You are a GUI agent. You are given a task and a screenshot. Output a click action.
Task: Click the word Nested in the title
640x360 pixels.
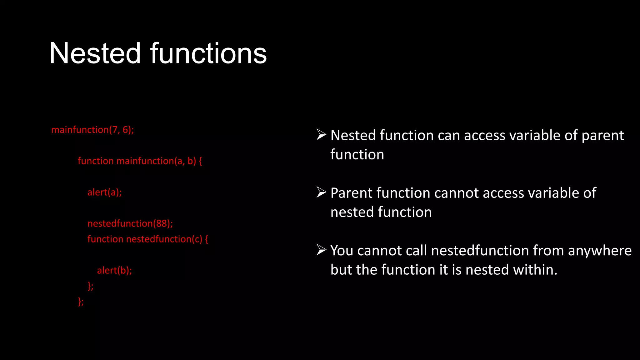tap(95, 54)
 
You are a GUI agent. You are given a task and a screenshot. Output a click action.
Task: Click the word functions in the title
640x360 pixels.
tap(208, 54)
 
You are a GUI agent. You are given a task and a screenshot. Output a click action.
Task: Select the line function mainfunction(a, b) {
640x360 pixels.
tap(140, 161)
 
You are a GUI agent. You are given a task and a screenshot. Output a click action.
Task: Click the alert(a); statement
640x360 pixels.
tap(104, 192)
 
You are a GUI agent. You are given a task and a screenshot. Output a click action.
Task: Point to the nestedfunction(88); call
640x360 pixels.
tap(130, 223)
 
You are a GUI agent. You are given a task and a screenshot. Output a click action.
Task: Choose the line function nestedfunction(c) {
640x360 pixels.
tap(147, 239)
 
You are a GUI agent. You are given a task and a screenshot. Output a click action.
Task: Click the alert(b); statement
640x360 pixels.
tap(114, 270)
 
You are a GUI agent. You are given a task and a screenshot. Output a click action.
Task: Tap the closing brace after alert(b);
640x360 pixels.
tap(90, 286)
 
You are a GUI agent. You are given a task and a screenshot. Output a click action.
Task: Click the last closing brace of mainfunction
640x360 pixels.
tap(81, 301)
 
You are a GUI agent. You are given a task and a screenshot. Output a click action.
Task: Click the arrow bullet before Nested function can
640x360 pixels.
tap(321, 135)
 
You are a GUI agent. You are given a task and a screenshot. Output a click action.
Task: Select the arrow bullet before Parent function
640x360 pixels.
tap(321, 192)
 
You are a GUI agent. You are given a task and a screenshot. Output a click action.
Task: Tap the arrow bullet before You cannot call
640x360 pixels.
tap(321, 250)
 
